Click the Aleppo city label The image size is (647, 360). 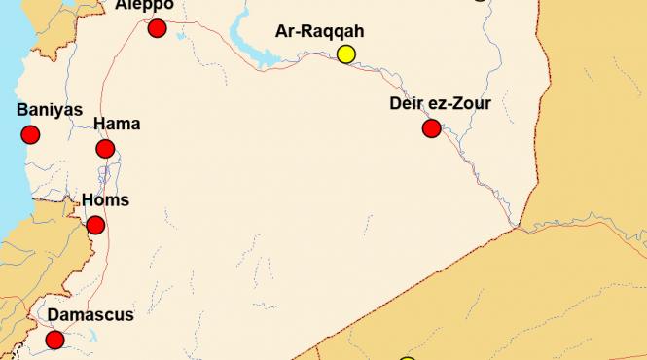click(x=144, y=5)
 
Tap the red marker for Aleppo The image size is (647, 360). click(x=157, y=28)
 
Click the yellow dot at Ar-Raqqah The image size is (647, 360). click(x=345, y=54)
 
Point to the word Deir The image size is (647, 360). click(x=408, y=102)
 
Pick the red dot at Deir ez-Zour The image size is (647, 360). click(x=431, y=127)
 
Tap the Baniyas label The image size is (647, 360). click(x=50, y=110)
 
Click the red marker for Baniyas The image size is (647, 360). click(x=30, y=134)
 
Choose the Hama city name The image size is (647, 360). click(x=117, y=124)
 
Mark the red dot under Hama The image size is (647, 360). click(x=105, y=149)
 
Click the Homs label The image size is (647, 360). click(x=104, y=200)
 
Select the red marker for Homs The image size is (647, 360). click(x=95, y=226)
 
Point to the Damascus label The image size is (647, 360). click(x=90, y=314)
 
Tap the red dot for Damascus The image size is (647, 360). click(x=54, y=340)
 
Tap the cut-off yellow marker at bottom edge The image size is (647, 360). click(x=408, y=358)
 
